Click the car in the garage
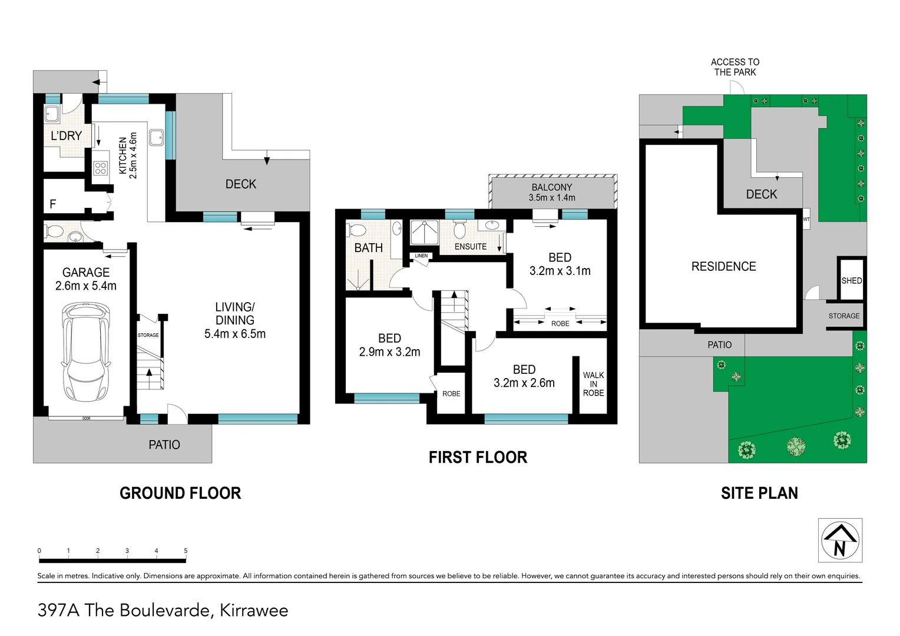pyautogui.click(x=85, y=352)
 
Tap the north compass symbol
pyautogui.click(x=840, y=540)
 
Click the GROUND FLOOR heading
pyautogui.click(x=180, y=493)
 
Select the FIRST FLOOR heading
pyautogui.click(x=478, y=457)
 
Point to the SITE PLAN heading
pyautogui.click(x=759, y=493)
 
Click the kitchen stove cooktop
pyautogui.click(x=101, y=168)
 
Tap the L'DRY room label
pyautogui.click(x=67, y=136)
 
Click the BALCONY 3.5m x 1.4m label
pyautogui.click(x=552, y=192)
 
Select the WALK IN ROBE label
pyautogui.click(x=594, y=384)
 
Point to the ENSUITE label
pyautogui.click(x=471, y=246)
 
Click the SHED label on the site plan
pyautogui.click(x=852, y=280)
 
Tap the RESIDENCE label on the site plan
pyautogui.click(x=724, y=266)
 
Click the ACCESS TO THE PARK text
pyautogui.click(x=735, y=67)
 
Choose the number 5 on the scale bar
pyautogui.click(x=186, y=551)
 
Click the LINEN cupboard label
pyautogui.click(x=421, y=256)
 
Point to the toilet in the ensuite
pyautogui.click(x=459, y=229)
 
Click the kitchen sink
pyautogui.click(x=156, y=137)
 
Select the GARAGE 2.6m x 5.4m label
pyautogui.click(x=85, y=279)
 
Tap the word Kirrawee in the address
pyautogui.click(x=254, y=610)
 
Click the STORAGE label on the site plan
pyautogui.click(x=843, y=316)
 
